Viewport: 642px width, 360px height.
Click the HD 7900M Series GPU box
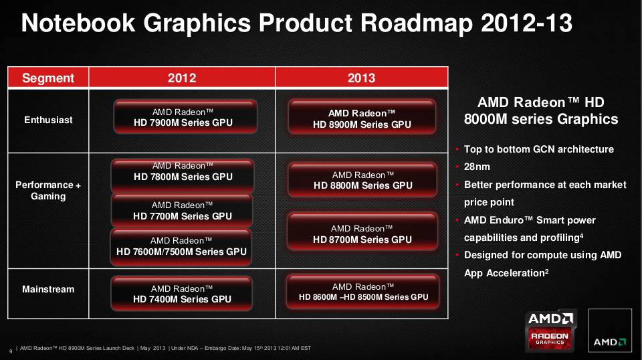point(185,116)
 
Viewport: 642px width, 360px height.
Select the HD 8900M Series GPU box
point(362,117)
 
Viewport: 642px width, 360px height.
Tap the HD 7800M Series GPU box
point(183,176)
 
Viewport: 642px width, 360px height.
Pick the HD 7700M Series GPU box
point(182,211)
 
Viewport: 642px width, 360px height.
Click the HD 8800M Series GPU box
point(362,180)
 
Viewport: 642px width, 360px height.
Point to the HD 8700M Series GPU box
point(362,232)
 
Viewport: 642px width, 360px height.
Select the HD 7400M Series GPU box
point(182,294)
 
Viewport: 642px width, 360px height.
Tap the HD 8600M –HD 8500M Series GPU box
point(363,292)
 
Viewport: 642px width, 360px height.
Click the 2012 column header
point(182,78)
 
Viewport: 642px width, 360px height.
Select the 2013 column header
point(362,78)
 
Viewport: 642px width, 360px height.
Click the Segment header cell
point(48,78)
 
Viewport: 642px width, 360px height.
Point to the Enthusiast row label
point(48,120)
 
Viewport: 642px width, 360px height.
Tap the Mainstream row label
point(48,289)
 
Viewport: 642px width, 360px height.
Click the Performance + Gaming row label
point(48,191)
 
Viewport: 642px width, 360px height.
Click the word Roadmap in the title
point(417,23)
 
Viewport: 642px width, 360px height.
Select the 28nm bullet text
point(477,167)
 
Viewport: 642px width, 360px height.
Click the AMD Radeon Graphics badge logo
point(550,331)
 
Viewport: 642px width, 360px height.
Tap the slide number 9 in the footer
point(11,351)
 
